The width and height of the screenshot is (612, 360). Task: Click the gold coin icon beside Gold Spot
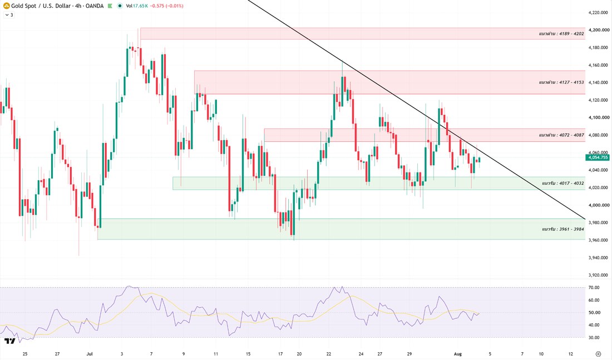[7, 6]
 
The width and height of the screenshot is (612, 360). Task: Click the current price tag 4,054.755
[597, 157]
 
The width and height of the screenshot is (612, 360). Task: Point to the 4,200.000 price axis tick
[599, 29]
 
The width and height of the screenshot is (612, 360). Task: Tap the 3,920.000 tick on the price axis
[599, 275]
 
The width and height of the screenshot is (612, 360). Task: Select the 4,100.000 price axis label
[599, 117]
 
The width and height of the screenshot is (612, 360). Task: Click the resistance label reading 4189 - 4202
[561, 33]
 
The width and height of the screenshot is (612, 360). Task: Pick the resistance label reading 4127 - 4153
[561, 82]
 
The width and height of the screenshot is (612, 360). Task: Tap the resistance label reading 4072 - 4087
[561, 135]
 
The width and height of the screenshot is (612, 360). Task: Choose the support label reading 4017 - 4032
[563, 183]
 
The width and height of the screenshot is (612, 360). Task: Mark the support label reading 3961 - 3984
[563, 229]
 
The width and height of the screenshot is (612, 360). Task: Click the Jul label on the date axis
[90, 354]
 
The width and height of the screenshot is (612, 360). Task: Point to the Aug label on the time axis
[458, 354]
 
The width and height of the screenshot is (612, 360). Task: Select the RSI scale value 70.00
[594, 287]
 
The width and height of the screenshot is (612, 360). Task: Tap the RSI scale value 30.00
[594, 337]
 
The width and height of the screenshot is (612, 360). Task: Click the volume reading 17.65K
[140, 6]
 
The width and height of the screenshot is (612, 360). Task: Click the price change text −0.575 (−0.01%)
[167, 6]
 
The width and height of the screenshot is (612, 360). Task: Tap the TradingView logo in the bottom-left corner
[10, 341]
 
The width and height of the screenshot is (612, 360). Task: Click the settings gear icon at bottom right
[598, 354]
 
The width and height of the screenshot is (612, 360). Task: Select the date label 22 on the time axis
[329, 354]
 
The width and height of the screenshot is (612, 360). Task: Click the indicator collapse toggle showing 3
[9, 15]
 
